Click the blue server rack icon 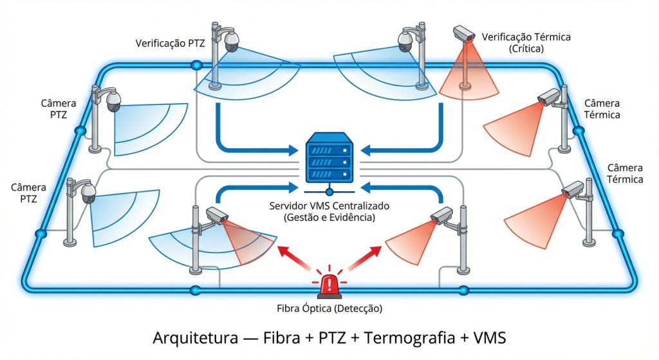point(329,158)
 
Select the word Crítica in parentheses point(526,49)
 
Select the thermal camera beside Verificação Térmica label point(463,33)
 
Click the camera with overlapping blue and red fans point(215,216)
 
